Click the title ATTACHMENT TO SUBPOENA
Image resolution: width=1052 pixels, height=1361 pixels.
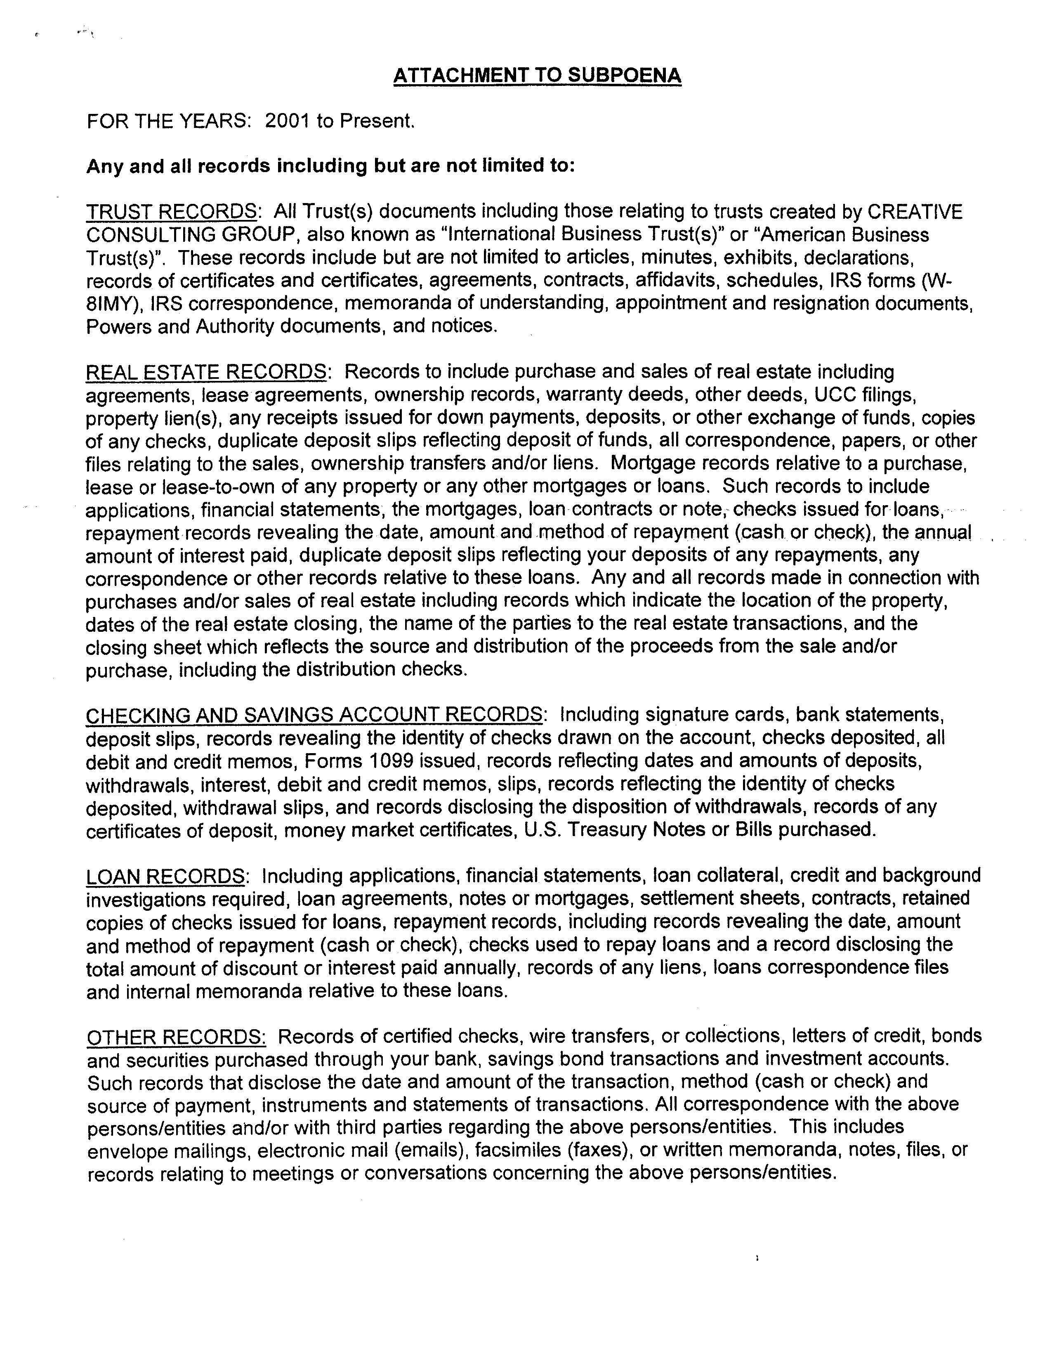[x=537, y=76]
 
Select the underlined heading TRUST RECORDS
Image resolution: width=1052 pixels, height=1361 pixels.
[x=171, y=212]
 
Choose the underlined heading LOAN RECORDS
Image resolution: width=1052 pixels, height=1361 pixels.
[x=166, y=876]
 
